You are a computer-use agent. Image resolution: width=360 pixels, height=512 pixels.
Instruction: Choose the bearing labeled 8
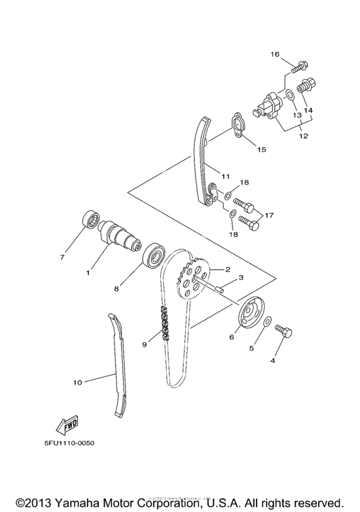pyautogui.click(x=154, y=256)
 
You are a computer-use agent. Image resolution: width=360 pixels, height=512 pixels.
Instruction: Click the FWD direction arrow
pyautogui.click(x=50, y=425)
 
